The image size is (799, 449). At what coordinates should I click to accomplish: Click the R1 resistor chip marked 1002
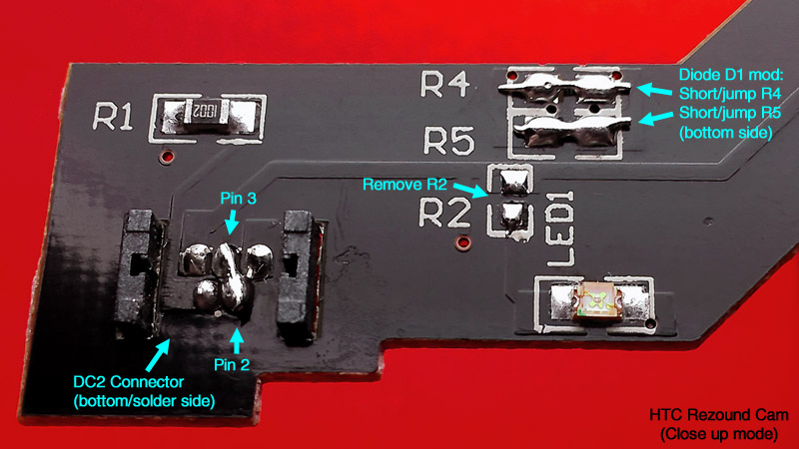pos(206,112)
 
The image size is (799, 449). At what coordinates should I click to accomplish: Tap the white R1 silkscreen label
pos(113,116)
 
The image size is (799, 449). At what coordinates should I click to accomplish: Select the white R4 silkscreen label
pos(444,84)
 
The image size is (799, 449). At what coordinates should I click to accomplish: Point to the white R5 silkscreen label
pos(448,141)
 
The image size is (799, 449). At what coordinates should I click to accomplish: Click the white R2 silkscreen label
pos(444,213)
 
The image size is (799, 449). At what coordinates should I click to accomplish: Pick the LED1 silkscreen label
pos(560,228)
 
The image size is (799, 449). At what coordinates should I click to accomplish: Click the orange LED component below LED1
pos(597,300)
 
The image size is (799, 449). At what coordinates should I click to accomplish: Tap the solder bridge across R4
pos(564,85)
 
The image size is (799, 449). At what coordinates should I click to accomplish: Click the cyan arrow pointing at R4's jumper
pos(655,90)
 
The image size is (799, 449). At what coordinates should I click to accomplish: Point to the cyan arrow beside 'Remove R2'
pos(470,190)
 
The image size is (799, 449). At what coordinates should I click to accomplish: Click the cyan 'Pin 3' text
pos(238,198)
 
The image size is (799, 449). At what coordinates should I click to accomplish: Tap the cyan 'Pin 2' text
pos(232,364)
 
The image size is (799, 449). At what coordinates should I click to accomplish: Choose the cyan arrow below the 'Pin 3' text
pos(232,222)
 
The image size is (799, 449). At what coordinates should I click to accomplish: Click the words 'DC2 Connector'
pos(129,382)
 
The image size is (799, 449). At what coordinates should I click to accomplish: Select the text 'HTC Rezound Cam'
pos(718,415)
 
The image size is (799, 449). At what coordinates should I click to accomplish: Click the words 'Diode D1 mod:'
pos(731,75)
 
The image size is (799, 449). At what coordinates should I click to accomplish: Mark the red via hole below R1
pos(167,156)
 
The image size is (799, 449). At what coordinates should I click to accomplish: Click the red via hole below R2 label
pos(462,242)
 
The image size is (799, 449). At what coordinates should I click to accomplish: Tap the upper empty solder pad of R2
pos(513,182)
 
